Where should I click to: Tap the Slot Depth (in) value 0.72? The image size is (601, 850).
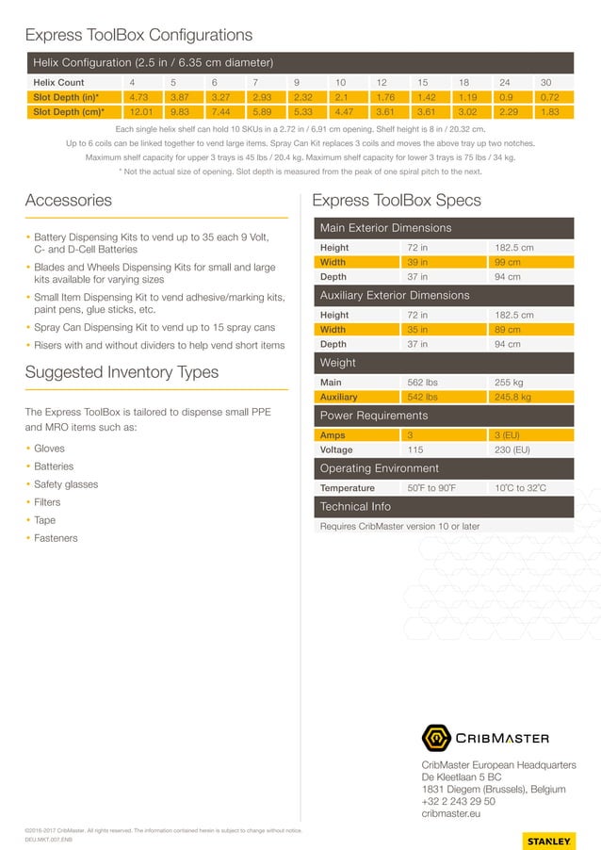[549, 96]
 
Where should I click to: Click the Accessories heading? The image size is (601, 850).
[68, 201]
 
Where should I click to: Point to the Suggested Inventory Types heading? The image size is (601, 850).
[122, 372]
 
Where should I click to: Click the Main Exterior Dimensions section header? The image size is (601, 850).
[385, 228]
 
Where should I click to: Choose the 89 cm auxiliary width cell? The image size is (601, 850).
[508, 330]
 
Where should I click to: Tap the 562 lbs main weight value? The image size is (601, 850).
[422, 383]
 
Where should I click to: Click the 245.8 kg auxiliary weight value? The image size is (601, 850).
[512, 398]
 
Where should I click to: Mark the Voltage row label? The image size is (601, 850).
[337, 450]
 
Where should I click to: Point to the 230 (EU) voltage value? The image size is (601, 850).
[512, 450]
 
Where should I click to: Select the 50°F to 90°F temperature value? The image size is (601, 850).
[431, 488]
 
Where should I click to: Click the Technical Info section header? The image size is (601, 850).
[355, 507]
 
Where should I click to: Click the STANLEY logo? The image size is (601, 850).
[547, 840]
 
